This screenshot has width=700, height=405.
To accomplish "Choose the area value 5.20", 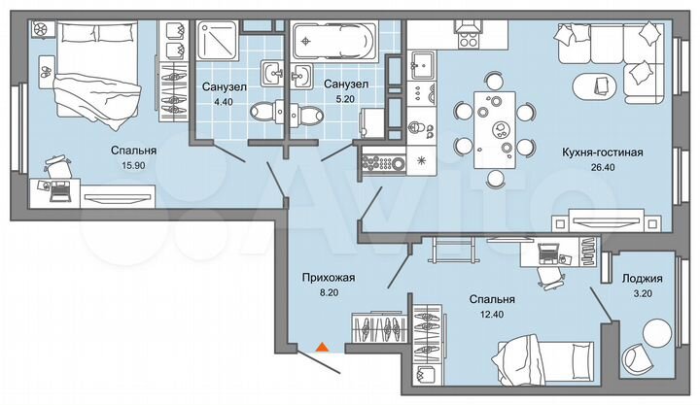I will [x=346, y=101].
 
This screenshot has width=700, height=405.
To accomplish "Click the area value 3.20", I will [x=643, y=296].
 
